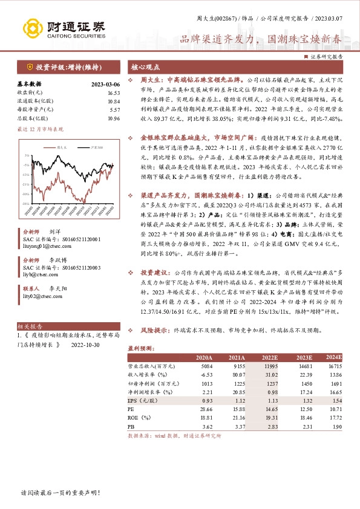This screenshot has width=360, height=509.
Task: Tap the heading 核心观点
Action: tap(145, 68)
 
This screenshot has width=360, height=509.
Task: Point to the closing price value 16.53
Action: tap(114, 93)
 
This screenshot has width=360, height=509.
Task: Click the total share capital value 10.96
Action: tap(114, 118)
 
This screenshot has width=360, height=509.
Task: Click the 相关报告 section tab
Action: tap(31, 326)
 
